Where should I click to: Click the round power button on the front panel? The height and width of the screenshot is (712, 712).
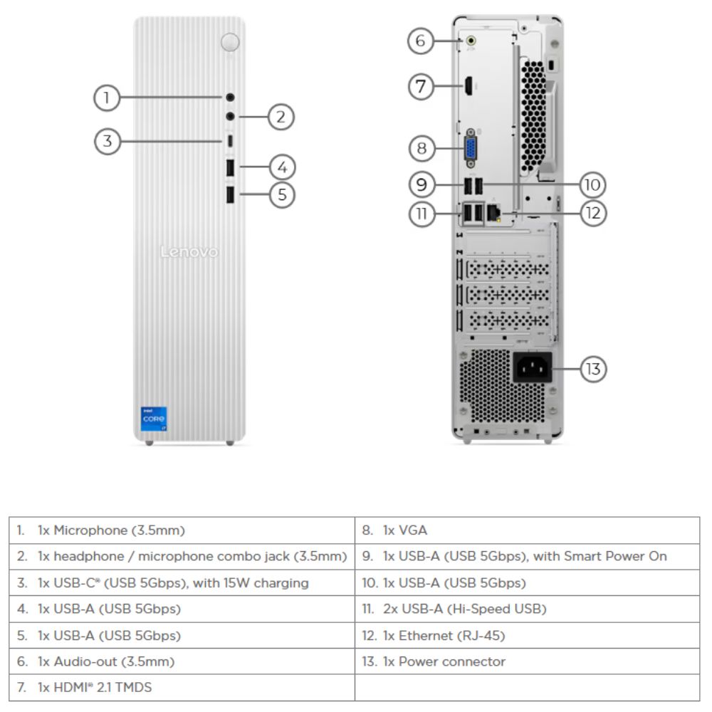click(x=230, y=42)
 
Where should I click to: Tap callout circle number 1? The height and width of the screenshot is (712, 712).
click(x=107, y=98)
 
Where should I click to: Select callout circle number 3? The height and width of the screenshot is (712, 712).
click(x=107, y=141)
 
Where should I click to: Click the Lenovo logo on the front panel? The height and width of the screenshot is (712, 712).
click(x=189, y=252)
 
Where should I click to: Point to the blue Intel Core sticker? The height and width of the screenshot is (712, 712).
click(x=154, y=418)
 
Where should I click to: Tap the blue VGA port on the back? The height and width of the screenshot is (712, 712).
click(x=471, y=149)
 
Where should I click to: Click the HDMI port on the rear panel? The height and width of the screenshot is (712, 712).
click(x=469, y=87)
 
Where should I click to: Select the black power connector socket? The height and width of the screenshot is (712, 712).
click(x=532, y=369)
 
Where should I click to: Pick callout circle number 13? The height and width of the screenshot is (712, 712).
click(x=593, y=369)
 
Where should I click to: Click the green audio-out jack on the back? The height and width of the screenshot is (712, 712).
click(x=471, y=41)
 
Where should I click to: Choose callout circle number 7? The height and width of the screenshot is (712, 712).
click(x=421, y=87)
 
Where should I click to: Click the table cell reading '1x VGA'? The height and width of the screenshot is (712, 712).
click(x=527, y=530)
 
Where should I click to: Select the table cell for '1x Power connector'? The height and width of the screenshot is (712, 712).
click(x=527, y=661)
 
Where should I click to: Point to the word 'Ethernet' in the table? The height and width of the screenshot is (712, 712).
click(x=422, y=636)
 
